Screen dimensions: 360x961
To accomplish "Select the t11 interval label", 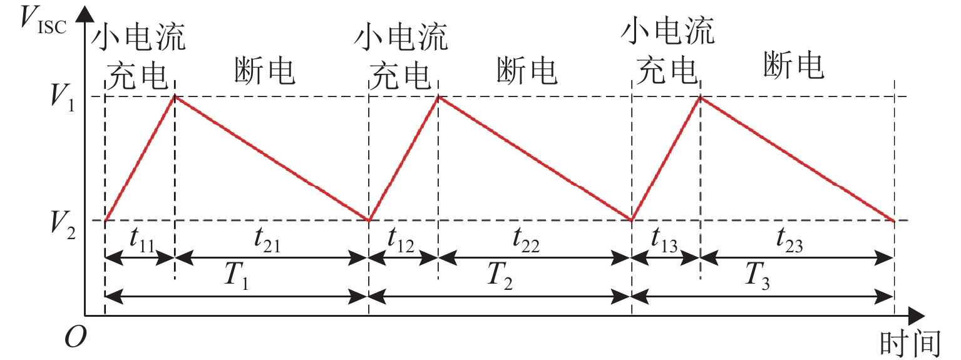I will point(143,240).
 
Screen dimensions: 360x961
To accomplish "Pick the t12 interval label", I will point(401,240).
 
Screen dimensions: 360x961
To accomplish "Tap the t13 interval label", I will point(665,240).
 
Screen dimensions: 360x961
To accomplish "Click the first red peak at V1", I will point(175,96).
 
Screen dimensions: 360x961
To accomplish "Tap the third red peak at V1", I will point(700,96).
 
